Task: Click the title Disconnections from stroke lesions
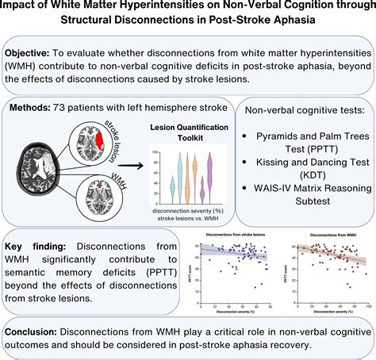tap(229, 235)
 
